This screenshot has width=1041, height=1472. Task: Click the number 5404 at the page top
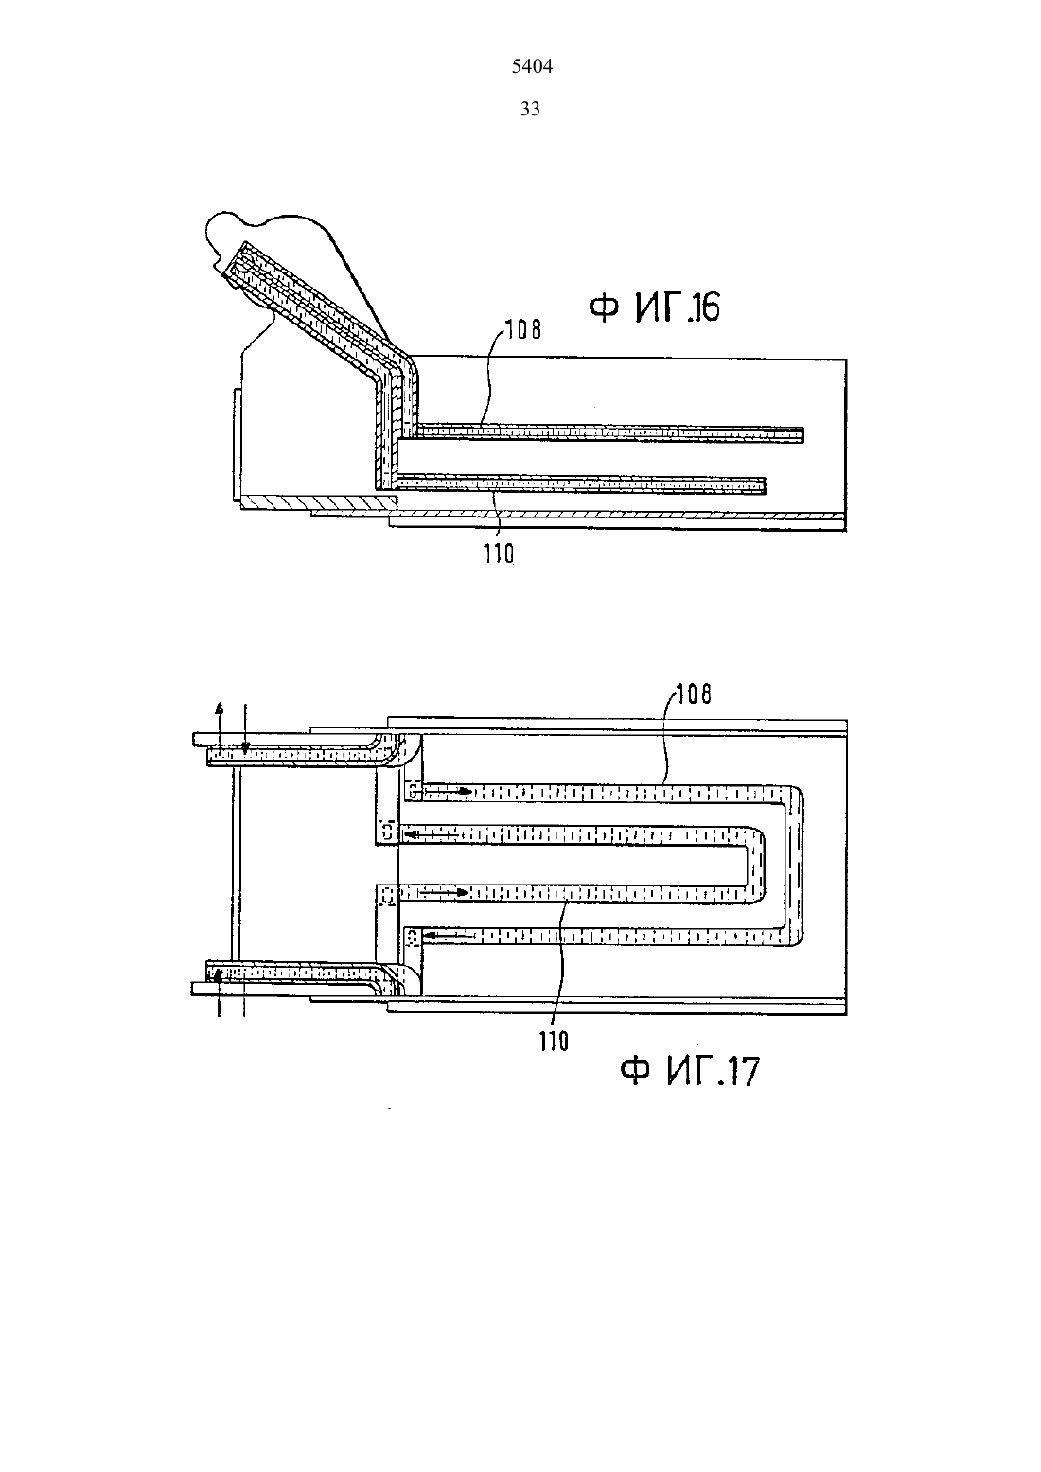(x=532, y=66)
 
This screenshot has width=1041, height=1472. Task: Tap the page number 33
(x=530, y=109)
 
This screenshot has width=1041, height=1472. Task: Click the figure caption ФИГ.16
(x=654, y=307)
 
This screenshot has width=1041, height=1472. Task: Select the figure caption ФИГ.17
(x=689, y=1071)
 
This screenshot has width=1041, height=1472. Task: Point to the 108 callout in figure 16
(x=523, y=329)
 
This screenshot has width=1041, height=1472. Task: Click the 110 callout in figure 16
(x=499, y=554)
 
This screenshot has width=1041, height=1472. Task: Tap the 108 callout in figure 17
(x=694, y=694)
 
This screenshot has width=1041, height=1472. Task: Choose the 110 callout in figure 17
(x=554, y=1042)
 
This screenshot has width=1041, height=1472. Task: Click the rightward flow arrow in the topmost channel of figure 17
(x=448, y=791)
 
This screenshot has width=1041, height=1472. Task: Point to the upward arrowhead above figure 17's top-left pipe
(x=221, y=709)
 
